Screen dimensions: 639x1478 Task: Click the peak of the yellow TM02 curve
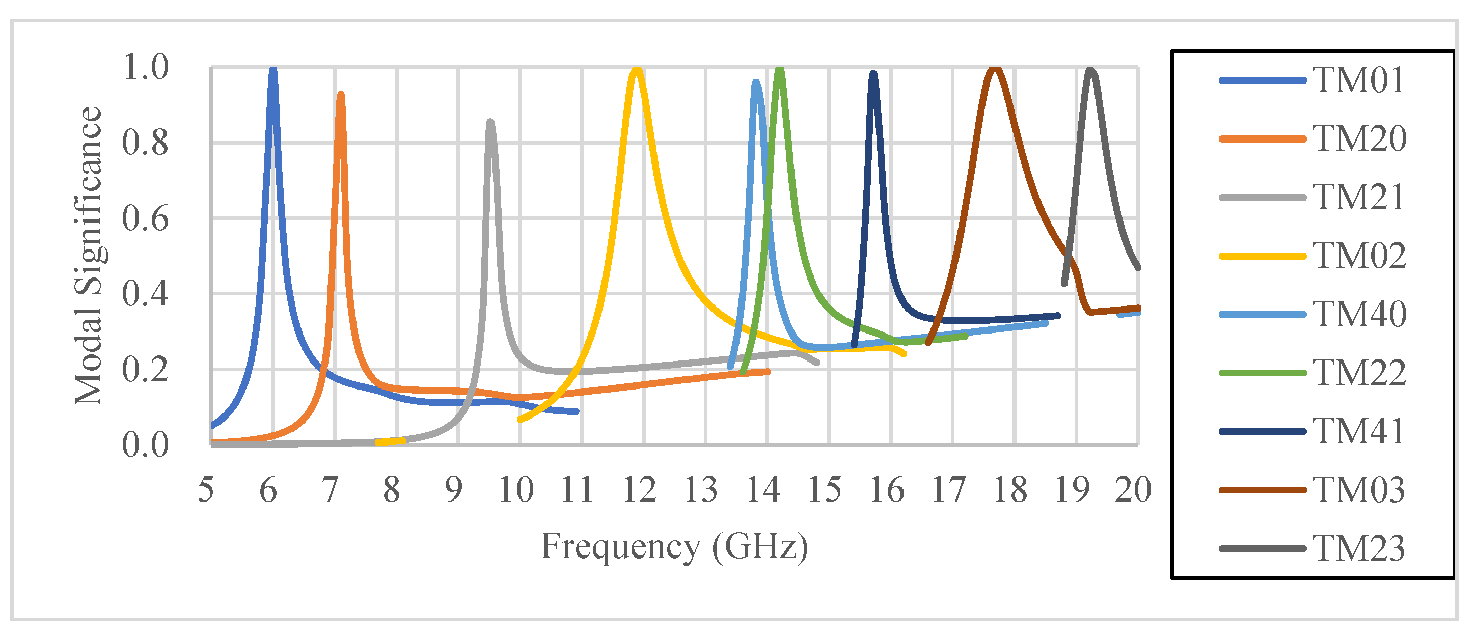(636, 69)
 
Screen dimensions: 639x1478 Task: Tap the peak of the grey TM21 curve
(490, 122)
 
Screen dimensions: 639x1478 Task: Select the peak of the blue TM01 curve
(273, 69)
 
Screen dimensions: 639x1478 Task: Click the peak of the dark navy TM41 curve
(873, 73)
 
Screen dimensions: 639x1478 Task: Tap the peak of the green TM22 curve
(779, 69)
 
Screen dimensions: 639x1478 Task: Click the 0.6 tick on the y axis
(145, 218)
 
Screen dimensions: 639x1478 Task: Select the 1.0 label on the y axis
(145, 67)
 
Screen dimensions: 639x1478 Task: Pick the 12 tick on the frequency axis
(639, 490)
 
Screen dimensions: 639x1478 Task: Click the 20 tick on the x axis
(1133, 490)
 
